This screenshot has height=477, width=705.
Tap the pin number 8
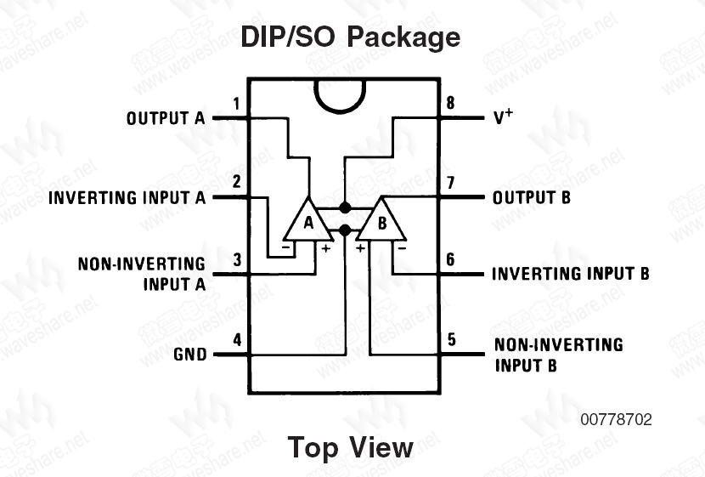tap(450, 105)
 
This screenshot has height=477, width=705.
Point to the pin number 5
tap(451, 340)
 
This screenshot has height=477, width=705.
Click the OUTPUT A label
tap(166, 119)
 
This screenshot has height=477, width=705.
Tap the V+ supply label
tap(504, 118)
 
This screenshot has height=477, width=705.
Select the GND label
tap(189, 355)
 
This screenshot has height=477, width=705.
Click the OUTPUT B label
tap(532, 198)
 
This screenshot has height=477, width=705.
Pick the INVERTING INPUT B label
tap(570, 274)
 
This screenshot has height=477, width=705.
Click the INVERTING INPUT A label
tap(127, 198)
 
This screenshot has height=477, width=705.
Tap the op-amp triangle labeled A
tap(308, 223)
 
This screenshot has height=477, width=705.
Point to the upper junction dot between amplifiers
tap(344, 207)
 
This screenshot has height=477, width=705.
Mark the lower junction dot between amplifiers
tap(344, 230)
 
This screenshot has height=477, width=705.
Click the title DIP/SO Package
tap(351, 37)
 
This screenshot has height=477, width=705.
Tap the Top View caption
tap(351, 447)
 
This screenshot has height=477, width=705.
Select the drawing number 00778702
tap(617, 419)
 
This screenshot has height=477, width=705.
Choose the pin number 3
tap(237, 260)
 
